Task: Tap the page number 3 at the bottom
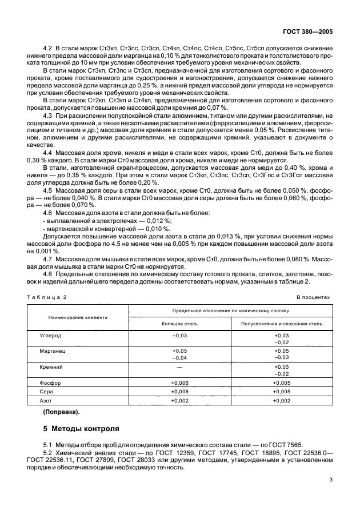coord(332,481)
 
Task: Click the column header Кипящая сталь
coord(179,323)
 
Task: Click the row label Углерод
coord(51,336)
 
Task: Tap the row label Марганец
coord(53,352)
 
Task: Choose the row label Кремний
coord(51,367)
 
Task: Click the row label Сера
coord(47,392)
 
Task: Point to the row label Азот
coord(47,402)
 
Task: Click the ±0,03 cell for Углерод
coord(179,336)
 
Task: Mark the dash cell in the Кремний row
coord(179,367)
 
